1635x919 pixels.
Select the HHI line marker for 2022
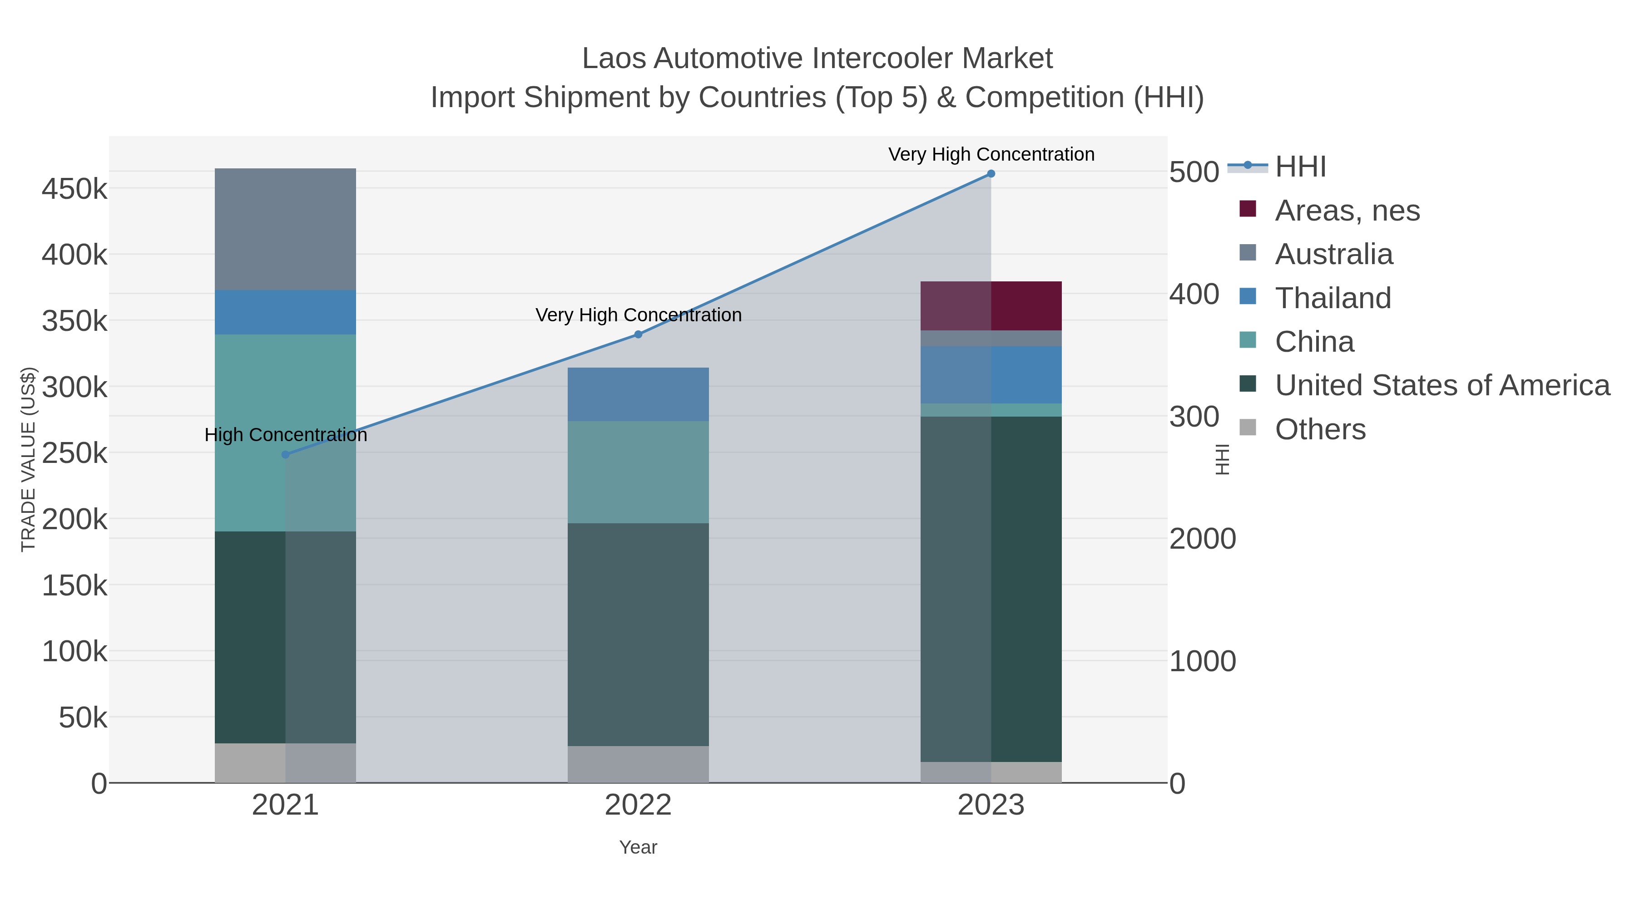639,334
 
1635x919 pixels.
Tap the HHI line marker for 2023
991,174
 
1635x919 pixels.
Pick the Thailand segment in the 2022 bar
638,394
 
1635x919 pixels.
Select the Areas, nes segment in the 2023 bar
991,306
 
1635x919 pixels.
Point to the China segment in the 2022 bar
638,472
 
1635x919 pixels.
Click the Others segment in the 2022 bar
638,764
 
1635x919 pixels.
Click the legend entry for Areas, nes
1347,211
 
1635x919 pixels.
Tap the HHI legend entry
1300,167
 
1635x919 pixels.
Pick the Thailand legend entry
1333,298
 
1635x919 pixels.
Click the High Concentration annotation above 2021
286,435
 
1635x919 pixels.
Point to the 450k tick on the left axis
74,188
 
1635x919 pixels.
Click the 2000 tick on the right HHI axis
1202,539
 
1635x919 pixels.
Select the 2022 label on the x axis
638,806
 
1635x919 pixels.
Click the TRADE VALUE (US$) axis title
29,459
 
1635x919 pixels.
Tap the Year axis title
638,847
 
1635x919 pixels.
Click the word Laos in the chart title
613,59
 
